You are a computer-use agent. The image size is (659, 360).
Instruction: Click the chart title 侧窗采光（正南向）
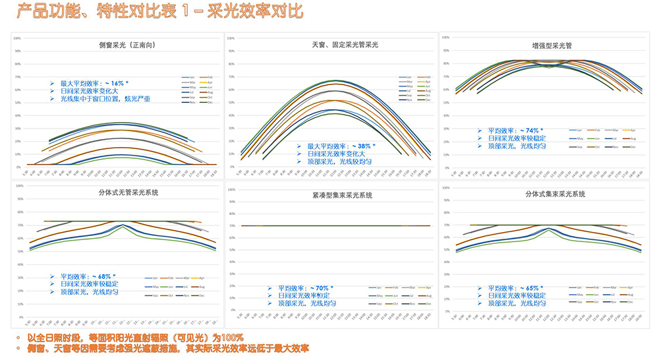pyautogui.click(x=117, y=45)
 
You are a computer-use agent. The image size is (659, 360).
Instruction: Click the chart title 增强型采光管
pyautogui.click(x=552, y=46)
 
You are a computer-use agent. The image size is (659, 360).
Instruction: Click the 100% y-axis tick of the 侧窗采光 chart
pyautogui.click(x=16, y=38)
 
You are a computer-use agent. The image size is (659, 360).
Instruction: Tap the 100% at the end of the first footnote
pyautogui.click(x=232, y=338)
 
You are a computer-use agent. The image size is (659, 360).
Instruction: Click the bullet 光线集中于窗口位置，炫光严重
pyautogui.click(x=105, y=98)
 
